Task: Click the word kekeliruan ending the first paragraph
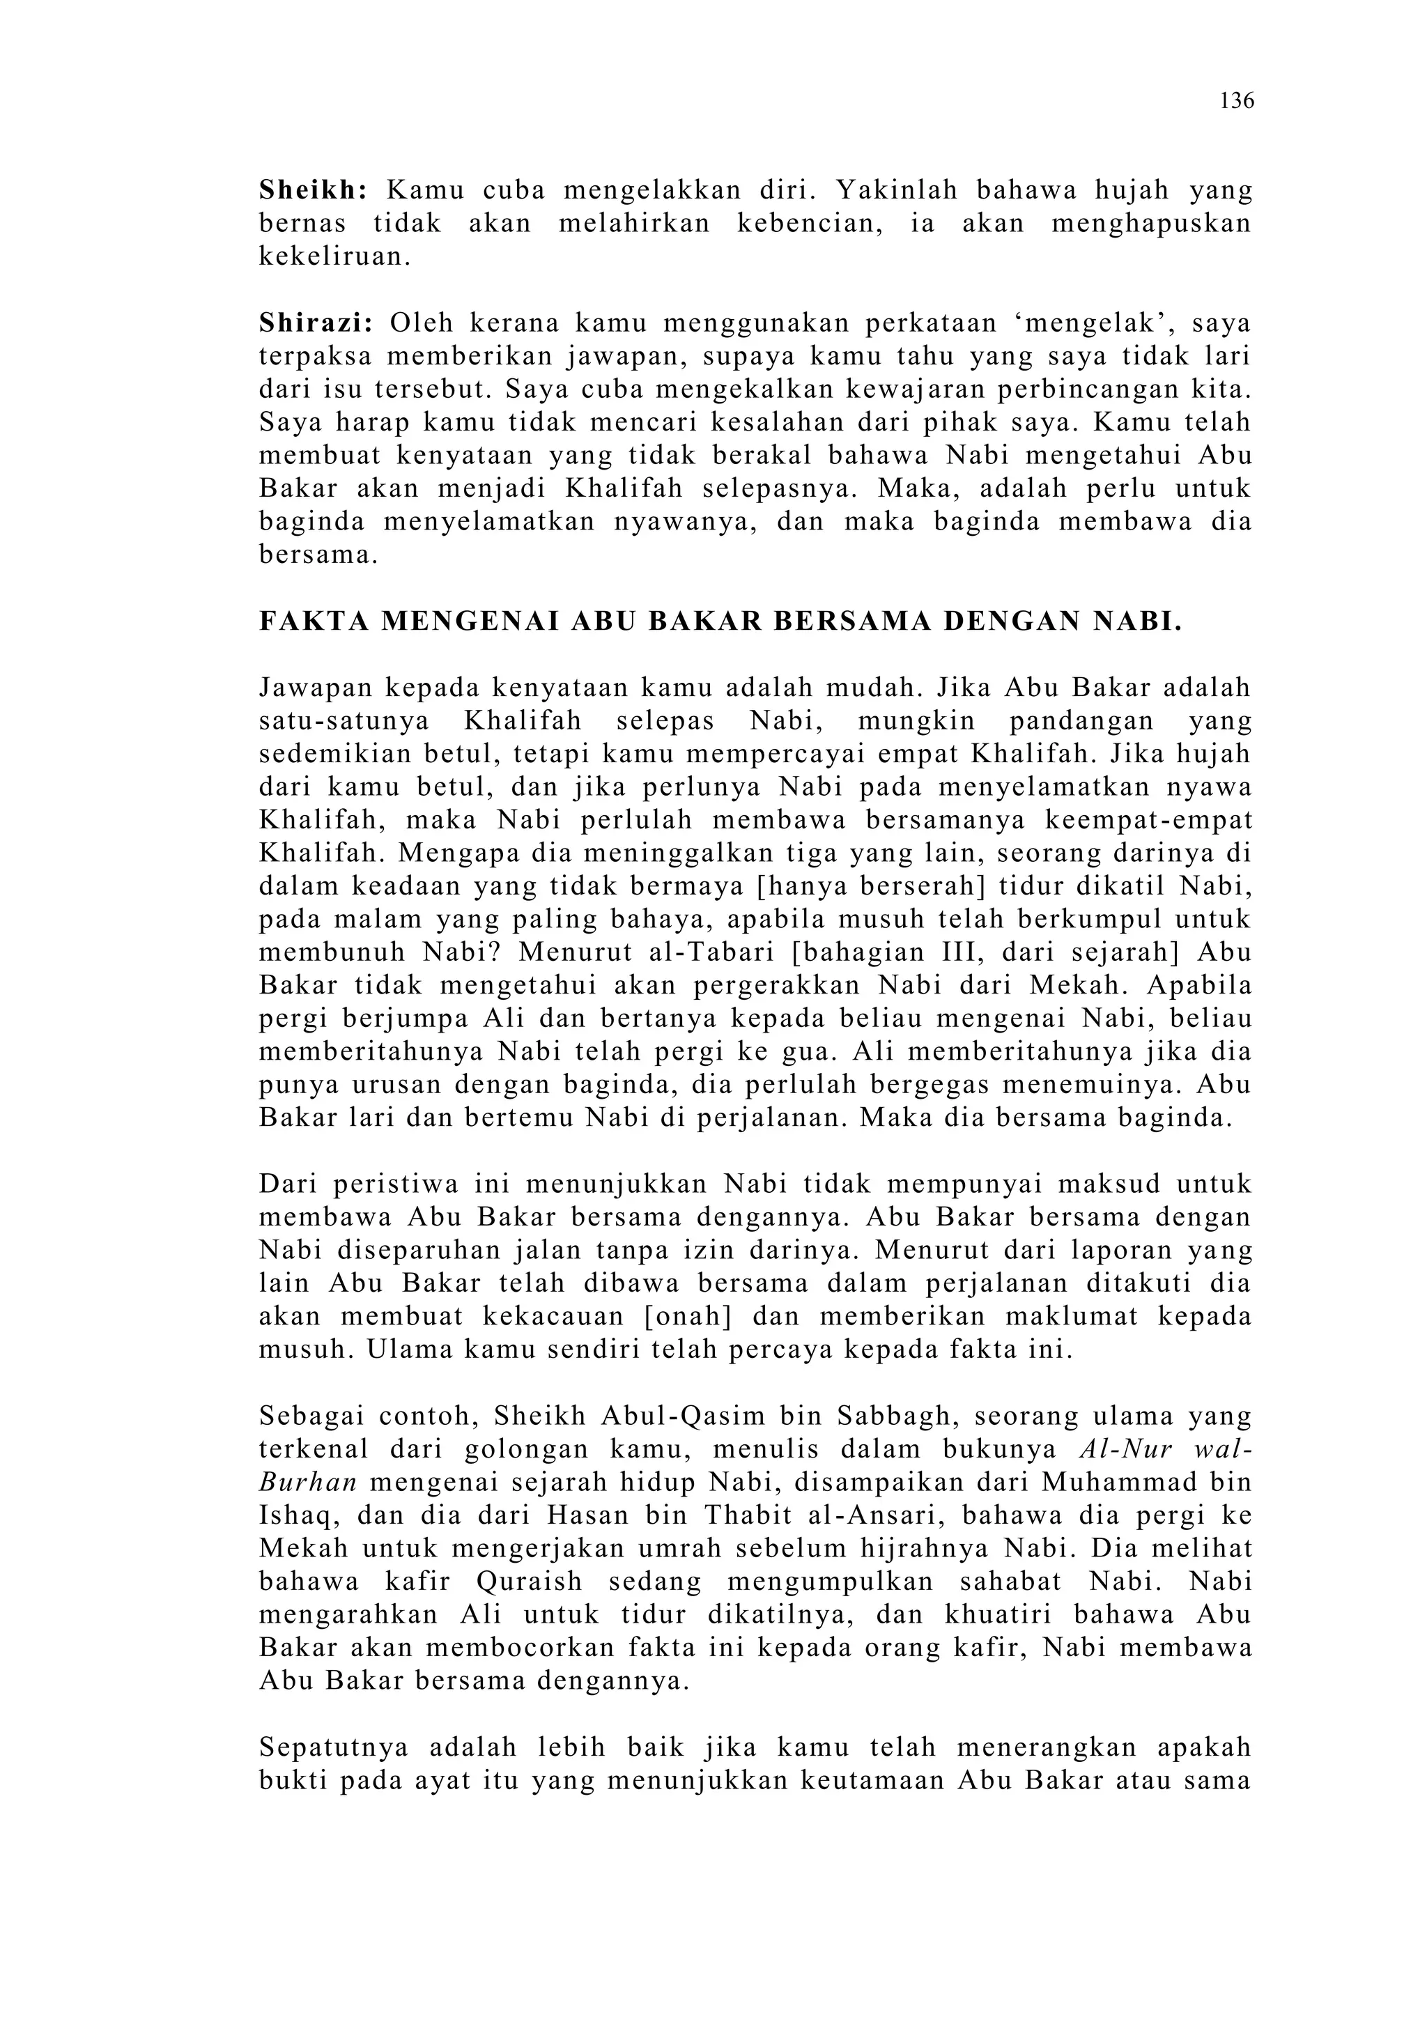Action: (334, 257)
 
